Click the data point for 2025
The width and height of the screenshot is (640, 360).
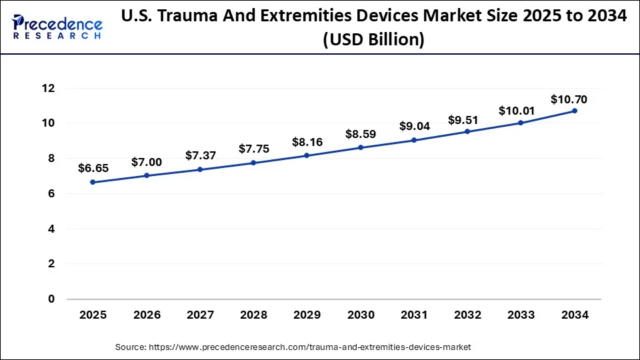(x=92, y=182)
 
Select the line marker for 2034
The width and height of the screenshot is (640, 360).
(x=574, y=111)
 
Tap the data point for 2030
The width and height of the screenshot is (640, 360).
(x=360, y=147)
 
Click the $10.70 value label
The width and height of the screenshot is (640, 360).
(x=569, y=99)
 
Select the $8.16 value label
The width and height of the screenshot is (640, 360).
(x=306, y=142)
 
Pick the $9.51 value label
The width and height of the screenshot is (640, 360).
(x=467, y=120)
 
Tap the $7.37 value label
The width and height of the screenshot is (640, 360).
(x=199, y=155)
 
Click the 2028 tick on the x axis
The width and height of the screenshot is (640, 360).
(x=253, y=315)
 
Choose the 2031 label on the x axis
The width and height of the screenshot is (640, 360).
(x=413, y=315)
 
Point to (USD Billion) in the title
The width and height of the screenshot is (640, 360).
(x=373, y=40)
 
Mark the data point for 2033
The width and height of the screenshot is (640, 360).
(x=521, y=123)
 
